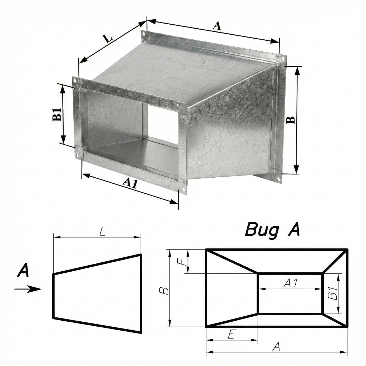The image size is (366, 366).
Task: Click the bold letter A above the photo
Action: coord(217,26)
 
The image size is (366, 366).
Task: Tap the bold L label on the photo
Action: coord(108,38)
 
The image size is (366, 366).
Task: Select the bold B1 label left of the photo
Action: coord(57,114)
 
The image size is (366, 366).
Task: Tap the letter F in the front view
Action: coord(184,262)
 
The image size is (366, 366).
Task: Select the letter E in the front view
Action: coord(231,335)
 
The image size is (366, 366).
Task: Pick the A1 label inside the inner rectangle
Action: coord(291,283)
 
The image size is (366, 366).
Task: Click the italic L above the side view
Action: coord(102,232)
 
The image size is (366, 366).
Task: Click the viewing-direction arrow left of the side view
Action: coord(28,289)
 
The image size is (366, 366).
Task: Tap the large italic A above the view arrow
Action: coord(23,270)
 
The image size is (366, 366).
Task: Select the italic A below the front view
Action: coord(276,346)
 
